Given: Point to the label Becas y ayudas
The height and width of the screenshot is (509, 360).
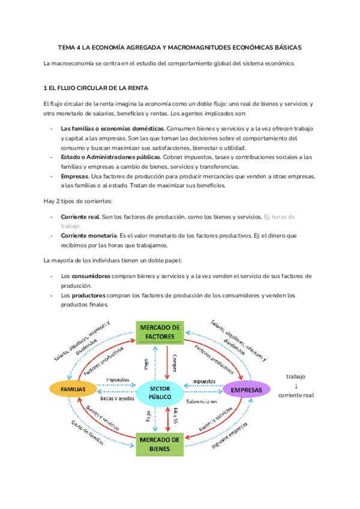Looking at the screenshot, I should point(118,398).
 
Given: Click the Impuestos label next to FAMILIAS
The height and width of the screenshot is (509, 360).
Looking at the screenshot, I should point(118,380).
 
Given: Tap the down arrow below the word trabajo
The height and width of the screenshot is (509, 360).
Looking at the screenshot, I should point(296,385).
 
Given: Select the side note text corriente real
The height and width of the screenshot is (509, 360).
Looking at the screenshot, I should point(296,395).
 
